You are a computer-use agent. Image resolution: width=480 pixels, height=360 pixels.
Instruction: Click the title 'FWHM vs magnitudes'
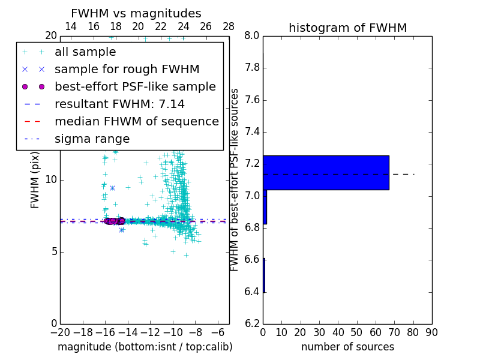(x=136, y=14)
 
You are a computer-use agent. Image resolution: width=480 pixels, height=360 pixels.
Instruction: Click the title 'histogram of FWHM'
(x=347, y=28)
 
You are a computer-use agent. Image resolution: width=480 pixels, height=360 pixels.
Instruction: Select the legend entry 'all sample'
(x=85, y=52)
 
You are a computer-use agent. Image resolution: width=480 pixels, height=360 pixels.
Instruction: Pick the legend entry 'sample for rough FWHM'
(x=127, y=69)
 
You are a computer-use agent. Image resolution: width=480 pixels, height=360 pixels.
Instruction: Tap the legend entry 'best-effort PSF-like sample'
(x=135, y=86)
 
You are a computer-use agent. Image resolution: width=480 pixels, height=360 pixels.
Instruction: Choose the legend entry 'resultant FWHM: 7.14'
(x=114, y=104)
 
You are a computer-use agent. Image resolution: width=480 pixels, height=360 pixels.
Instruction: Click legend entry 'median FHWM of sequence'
(x=136, y=121)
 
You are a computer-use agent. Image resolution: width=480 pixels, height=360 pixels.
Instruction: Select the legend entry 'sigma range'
(x=92, y=139)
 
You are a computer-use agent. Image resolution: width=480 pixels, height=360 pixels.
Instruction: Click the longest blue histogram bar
(x=326, y=173)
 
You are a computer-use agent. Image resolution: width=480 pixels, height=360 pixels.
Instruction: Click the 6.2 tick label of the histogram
(x=251, y=324)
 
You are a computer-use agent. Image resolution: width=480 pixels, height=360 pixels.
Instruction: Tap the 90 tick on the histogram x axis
(x=431, y=332)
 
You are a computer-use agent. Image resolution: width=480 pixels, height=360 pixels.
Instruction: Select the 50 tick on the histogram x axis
(x=356, y=332)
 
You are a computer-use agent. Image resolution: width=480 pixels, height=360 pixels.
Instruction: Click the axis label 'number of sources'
(x=347, y=347)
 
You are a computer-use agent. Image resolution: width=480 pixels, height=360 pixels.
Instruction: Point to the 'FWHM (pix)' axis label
(x=35, y=179)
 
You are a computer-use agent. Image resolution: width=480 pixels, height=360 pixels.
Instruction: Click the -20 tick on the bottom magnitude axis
(x=60, y=332)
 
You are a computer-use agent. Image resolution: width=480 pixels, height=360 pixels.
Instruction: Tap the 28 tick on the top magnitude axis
(x=229, y=26)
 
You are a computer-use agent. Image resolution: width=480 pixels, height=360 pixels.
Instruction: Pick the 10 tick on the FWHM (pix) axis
(x=50, y=179)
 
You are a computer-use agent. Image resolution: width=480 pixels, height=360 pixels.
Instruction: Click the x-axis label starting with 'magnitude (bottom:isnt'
(x=145, y=347)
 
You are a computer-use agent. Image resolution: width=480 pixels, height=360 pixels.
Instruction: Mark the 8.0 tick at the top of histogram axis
(x=251, y=35)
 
